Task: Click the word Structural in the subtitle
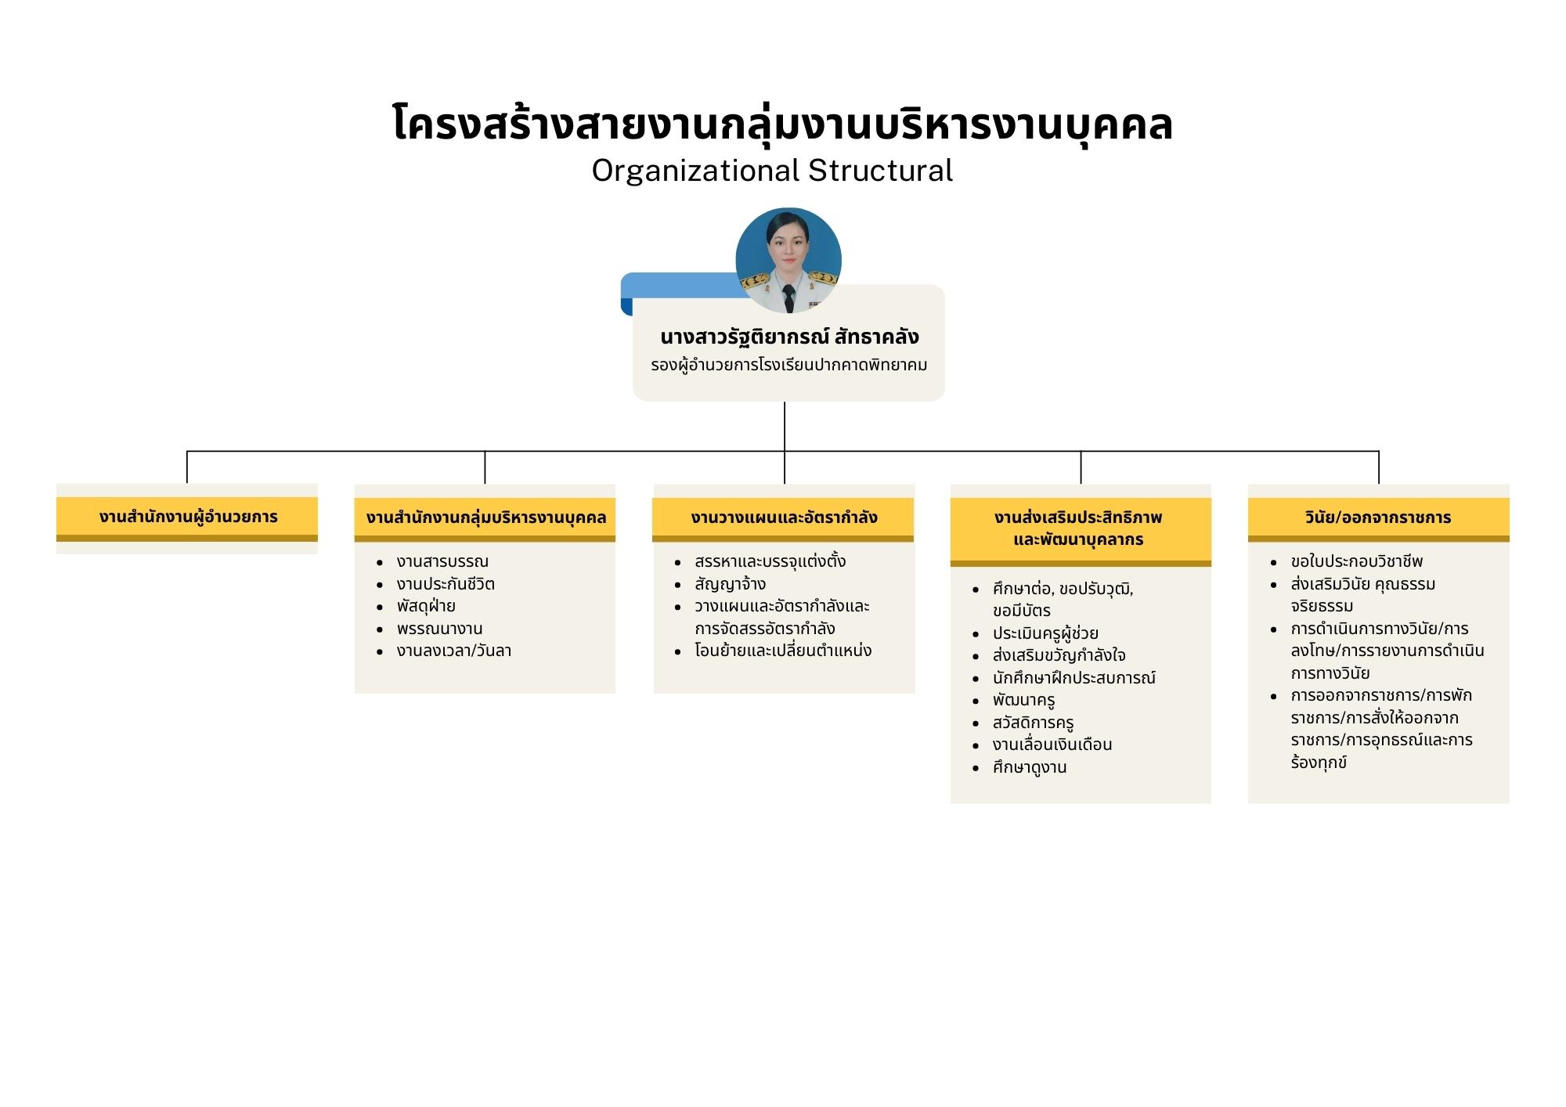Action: (880, 170)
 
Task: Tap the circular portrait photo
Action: (788, 261)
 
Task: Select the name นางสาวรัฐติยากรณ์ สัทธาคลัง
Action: (789, 337)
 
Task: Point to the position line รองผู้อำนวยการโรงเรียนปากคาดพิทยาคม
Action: (789, 366)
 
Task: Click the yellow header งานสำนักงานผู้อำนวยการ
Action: (187, 517)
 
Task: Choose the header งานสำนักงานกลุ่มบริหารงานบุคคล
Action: (485, 517)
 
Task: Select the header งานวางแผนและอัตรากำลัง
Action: (784, 517)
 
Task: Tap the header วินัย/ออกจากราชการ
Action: (1378, 517)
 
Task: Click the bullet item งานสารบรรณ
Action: (442, 561)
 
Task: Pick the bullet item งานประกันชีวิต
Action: (446, 584)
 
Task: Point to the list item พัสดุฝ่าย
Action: (426, 606)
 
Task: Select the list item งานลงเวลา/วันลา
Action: (454, 651)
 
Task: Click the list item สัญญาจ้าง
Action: (730, 584)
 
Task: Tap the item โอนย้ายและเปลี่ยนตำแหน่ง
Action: (783, 651)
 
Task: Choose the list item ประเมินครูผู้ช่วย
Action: (1045, 633)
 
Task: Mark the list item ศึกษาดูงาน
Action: (1030, 767)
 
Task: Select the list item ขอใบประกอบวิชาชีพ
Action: (1357, 561)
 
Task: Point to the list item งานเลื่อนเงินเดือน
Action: (1052, 745)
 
